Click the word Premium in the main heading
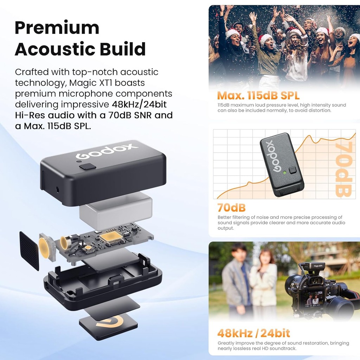[x=57, y=28]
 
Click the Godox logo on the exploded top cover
[x=107, y=151]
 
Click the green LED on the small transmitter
[x=285, y=172]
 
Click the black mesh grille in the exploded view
[x=29, y=251]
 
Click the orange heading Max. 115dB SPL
[x=258, y=96]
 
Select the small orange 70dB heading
[x=231, y=207]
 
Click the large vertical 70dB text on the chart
[x=344, y=169]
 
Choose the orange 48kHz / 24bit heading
[x=254, y=333]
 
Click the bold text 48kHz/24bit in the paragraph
[x=139, y=104]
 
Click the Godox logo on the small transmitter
[x=273, y=156]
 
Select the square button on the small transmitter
[x=293, y=170]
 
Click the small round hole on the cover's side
[x=57, y=189]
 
